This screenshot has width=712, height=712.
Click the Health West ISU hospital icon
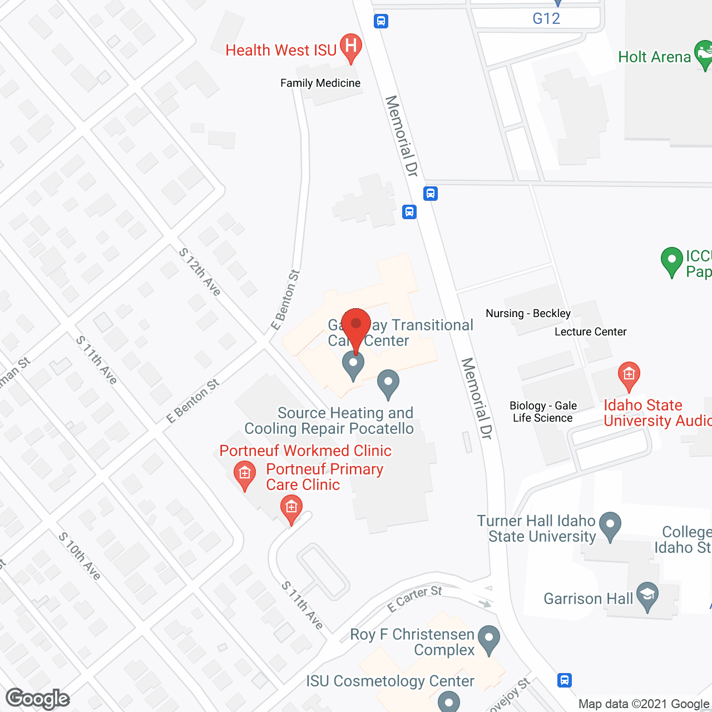tap(350, 46)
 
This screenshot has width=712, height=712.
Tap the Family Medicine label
tap(320, 83)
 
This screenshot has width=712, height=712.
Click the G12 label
tap(546, 18)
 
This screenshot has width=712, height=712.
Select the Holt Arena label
tap(654, 57)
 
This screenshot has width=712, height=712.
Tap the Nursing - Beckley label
tap(528, 313)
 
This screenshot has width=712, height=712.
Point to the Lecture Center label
tap(590, 332)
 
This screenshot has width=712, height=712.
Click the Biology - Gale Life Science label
tap(543, 412)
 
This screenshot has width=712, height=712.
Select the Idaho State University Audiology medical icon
tap(629, 375)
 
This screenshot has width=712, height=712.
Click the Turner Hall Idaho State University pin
tap(610, 525)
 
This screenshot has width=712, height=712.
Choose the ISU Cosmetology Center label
tap(390, 681)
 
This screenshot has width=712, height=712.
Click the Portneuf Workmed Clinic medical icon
tap(245, 474)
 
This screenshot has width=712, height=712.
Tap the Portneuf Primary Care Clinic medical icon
tap(291, 509)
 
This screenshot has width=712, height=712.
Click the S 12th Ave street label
tap(200, 271)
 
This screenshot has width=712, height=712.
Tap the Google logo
tap(38, 699)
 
